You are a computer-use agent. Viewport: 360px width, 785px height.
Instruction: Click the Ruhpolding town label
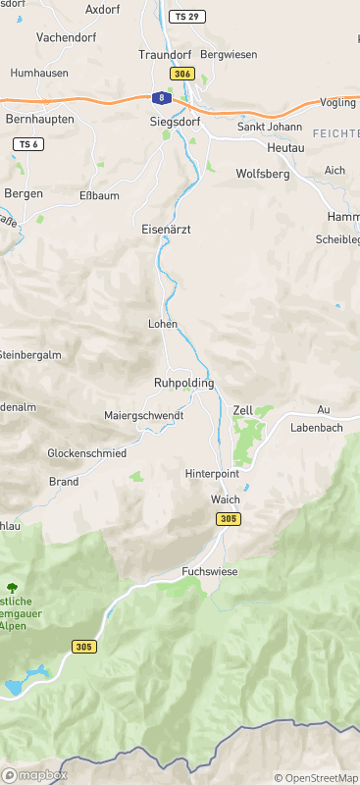pos(183,383)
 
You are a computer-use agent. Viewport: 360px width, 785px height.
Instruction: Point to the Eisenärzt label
pos(166,228)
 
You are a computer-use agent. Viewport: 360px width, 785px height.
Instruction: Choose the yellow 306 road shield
pos(181,74)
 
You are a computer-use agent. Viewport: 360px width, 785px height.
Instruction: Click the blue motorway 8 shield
pos(158,97)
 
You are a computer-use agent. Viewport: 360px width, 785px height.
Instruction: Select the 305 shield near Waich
pos(228,518)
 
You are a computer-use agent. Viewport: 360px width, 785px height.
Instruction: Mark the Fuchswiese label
pos(210,571)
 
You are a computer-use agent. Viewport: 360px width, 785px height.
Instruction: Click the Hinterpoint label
pos(212,473)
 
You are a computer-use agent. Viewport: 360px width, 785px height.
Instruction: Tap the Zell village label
pos(243,409)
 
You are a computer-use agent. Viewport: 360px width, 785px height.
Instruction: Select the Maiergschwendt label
pos(143,416)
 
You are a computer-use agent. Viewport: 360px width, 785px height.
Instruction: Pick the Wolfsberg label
pos(263,174)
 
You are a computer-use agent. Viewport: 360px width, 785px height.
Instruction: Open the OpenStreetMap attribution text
pos(316,778)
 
